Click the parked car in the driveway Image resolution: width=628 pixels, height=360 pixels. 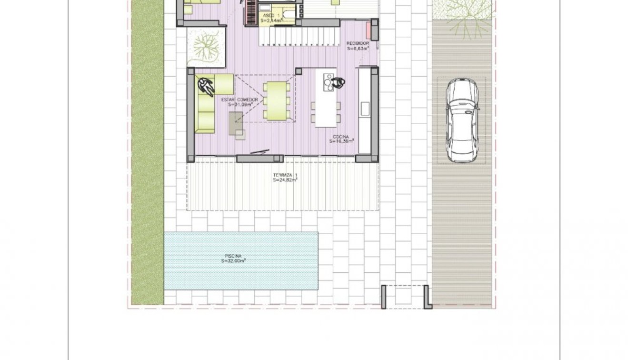click(x=462, y=121)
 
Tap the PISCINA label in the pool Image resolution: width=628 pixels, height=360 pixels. click(x=233, y=256)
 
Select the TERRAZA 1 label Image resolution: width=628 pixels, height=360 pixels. click(x=285, y=176)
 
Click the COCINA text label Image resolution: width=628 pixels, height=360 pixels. click(x=343, y=137)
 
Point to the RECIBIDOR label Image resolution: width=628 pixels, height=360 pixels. click(x=358, y=43)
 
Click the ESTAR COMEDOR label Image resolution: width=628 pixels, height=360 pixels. click(x=239, y=100)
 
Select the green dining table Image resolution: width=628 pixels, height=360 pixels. click(x=277, y=100)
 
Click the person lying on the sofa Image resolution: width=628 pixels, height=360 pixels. click(x=206, y=86)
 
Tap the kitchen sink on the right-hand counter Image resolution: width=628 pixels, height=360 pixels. click(x=365, y=109)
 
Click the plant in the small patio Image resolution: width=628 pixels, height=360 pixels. click(x=206, y=47)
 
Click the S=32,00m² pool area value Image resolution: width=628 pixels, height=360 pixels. click(x=233, y=261)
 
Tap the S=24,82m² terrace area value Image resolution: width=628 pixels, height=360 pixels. click(x=285, y=180)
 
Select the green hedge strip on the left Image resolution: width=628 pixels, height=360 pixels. click(x=147, y=152)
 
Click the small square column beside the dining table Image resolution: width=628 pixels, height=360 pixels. click(x=299, y=71)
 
